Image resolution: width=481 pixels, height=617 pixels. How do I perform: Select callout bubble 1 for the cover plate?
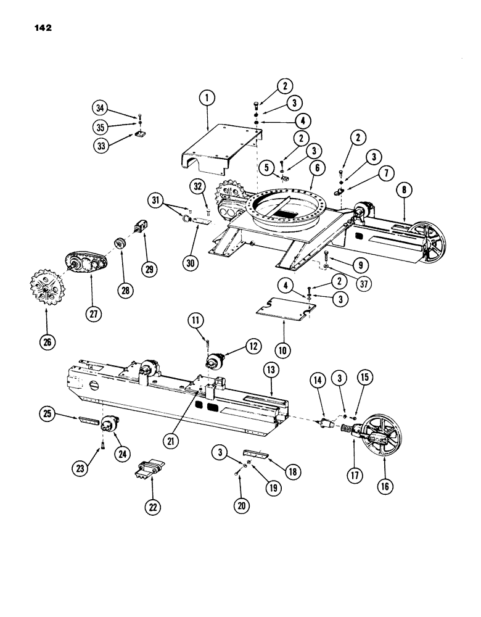(207, 97)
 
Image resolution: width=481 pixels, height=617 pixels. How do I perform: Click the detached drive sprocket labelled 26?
(46, 288)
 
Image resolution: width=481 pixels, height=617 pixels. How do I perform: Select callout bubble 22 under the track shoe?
(152, 507)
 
